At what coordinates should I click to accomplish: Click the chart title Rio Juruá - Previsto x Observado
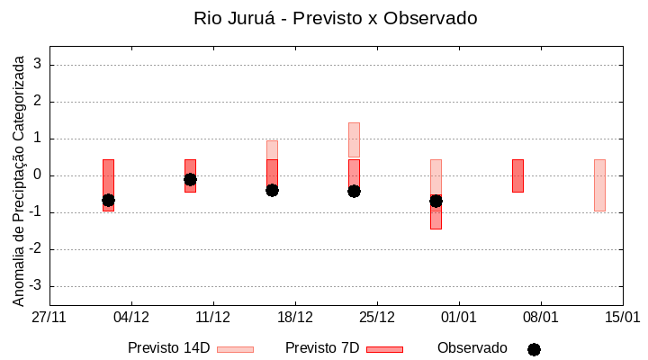pyautogui.click(x=335, y=18)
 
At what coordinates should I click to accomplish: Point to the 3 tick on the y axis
pyautogui.click(x=37, y=65)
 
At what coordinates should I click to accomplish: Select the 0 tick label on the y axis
pyautogui.click(x=37, y=175)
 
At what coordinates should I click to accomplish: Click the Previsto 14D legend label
pyautogui.click(x=169, y=348)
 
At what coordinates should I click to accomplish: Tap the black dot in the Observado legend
pyautogui.click(x=534, y=349)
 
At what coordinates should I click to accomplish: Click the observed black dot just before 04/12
pyautogui.click(x=108, y=200)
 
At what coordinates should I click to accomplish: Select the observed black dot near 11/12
pyautogui.click(x=190, y=179)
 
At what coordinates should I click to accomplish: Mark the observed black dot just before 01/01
pyautogui.click(x=436, y=201)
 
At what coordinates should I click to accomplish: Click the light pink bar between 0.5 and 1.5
pyautogui.click(x=354, y=139)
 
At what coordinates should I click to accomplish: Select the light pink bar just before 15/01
pyautogui.click(x=599, y=184)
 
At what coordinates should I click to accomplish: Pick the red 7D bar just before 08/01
pyautogui.click(x=517, y=175)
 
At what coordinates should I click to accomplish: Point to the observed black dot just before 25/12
pyautogui.click(x=354, y=191)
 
